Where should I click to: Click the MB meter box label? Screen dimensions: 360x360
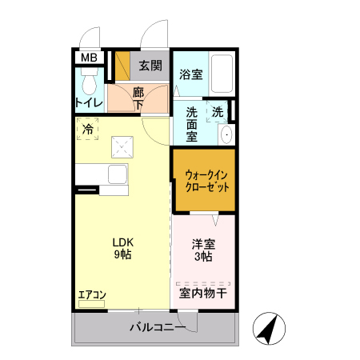click(88, 58)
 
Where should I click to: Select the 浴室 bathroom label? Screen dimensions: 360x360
click(190, 75)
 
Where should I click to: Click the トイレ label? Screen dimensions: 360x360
click(88, 102)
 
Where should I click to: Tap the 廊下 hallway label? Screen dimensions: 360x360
click(138, 98)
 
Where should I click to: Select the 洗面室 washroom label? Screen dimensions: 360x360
click(192, 124)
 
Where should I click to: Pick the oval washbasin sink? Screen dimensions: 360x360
click(226, 134)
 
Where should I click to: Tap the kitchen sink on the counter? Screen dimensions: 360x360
click(116, 176)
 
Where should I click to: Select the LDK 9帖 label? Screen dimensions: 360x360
click(122, 247)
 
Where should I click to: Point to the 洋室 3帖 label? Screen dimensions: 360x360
click(202, 250)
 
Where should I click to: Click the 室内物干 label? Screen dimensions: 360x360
click(202, 294)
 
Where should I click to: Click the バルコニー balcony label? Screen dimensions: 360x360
click(157, 328)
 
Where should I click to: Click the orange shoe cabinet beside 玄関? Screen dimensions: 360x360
click(122, 66)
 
